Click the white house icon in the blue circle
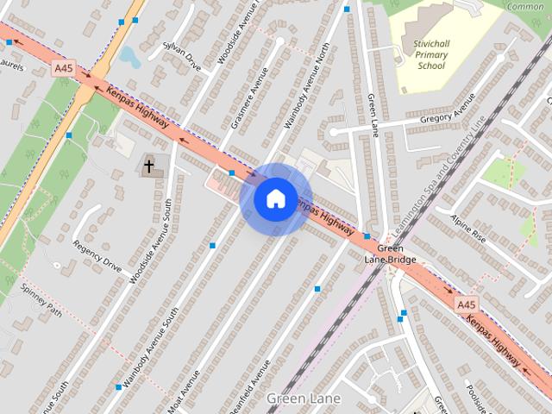275,198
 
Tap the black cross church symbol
149,166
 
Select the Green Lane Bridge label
390,254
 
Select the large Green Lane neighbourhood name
304,398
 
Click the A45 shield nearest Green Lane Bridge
465,304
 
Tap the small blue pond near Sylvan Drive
131,56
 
